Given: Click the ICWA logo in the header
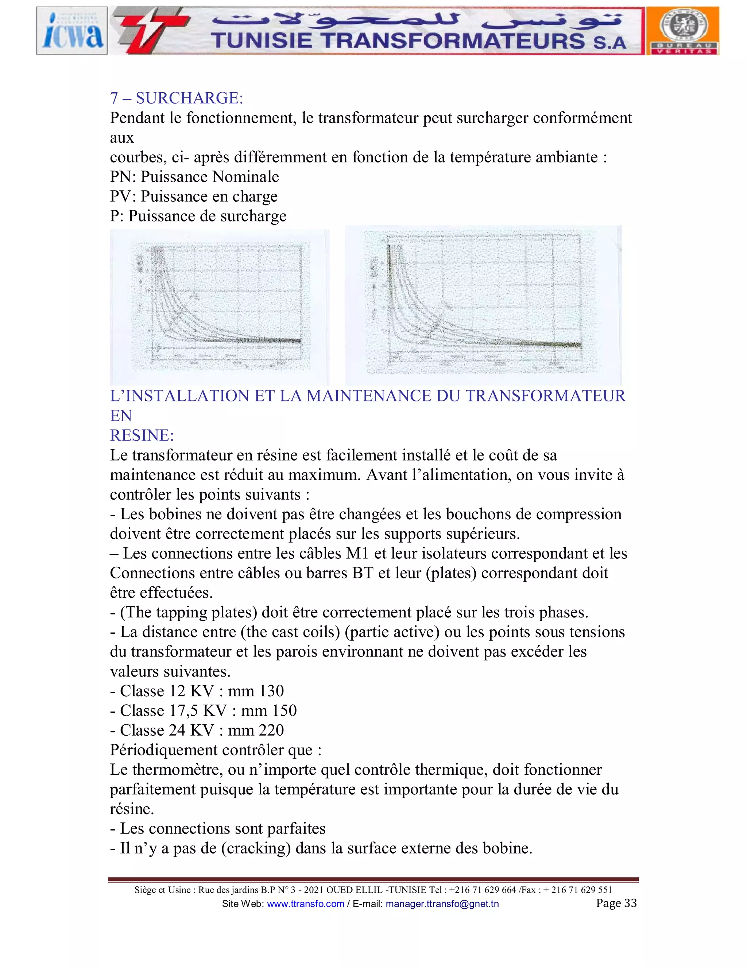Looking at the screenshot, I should click(x=72, y=31).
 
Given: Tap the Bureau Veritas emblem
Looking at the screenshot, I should click(x=683, y=31).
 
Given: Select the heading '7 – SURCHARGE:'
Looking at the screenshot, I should click(x=177, y=98).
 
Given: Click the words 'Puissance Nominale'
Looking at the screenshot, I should click(x=210, y=177).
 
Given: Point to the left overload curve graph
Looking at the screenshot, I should click(x=220, y=307).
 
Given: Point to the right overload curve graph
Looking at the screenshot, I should click(x=483, y=305).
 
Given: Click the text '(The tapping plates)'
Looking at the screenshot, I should click(x=189, y=612).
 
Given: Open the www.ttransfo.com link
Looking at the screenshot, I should click(x=305, y=904).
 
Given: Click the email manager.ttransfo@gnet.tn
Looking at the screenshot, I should click(x=442, y=904).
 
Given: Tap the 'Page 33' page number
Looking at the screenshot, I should click(x=616, y=903).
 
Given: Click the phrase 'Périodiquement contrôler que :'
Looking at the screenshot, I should click(x=216, y=750).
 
